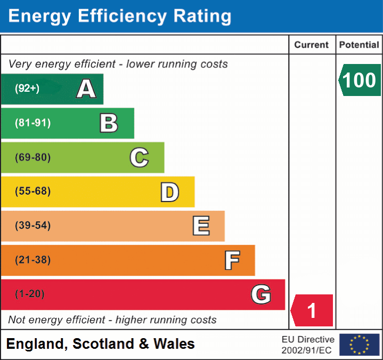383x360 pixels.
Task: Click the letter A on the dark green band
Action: coord(86,89)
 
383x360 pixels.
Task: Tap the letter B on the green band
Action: coord(109,123)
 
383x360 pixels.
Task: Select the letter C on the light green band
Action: coord(139,157)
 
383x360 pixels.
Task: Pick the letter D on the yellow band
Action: coord(169,192)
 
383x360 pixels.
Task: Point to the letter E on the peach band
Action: coord(201,226)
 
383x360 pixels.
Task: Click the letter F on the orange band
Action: coord(232,260)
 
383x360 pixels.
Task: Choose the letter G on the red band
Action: coord(261,294)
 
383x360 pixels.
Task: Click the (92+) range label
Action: coord(27,89)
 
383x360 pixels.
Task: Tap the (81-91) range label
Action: coord(33,123)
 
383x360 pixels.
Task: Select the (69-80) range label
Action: coord(33,157)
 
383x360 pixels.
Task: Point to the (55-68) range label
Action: coord(33,191)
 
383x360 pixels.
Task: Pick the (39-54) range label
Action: coord(33,226)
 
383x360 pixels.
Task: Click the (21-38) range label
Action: coord(33,260)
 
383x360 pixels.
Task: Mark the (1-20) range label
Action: coord(30,294)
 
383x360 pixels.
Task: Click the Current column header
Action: coord(312,45)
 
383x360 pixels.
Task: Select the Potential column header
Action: coord(359,45)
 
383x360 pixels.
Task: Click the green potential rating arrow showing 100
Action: coord(360,80)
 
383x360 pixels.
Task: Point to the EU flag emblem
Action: coord(359,345)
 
